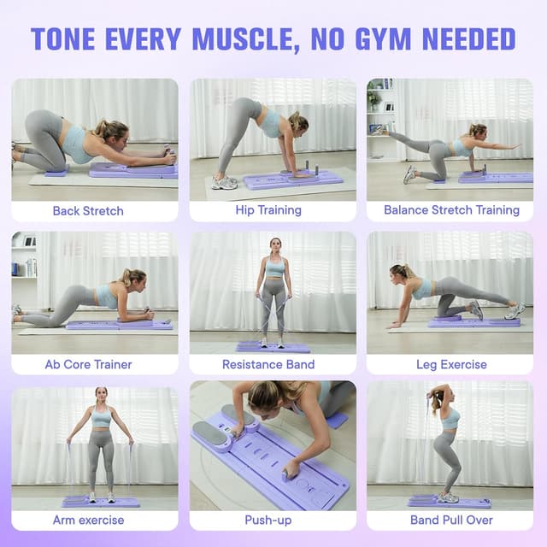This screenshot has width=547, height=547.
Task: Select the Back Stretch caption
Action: [x=88, y=210]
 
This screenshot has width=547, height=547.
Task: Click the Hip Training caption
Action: [x=268, y=210]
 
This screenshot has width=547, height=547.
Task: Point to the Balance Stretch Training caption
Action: [x=451, y=210]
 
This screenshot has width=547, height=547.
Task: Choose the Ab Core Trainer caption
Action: [x=88, y=365]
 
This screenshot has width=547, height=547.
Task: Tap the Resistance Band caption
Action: [x=268, y=365]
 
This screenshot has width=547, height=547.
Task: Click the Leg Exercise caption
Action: [x=451, y=365]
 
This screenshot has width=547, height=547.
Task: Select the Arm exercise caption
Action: [x=88, y=520]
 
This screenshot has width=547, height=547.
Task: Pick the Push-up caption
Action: [x=268, y=520]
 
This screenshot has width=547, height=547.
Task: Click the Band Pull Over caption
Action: [x=451, y=520]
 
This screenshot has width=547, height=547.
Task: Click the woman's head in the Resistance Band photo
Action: [x=274, y=245]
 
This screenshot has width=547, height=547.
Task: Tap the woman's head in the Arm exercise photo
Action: [x=102, y=395]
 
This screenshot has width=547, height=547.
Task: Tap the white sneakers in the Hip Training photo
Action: [x=225, y=182]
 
